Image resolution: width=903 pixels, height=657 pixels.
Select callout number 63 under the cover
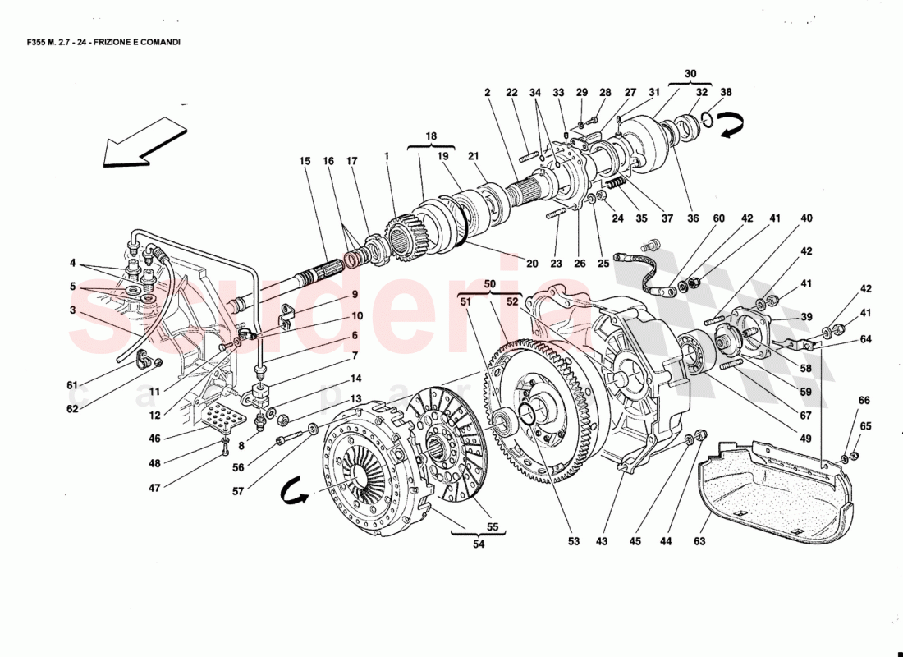699,541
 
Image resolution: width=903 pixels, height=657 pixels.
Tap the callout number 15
305,161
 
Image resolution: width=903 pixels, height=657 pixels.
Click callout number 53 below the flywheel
572,541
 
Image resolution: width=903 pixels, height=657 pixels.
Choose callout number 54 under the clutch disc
478,543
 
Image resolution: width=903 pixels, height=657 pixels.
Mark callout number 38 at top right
725,93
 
